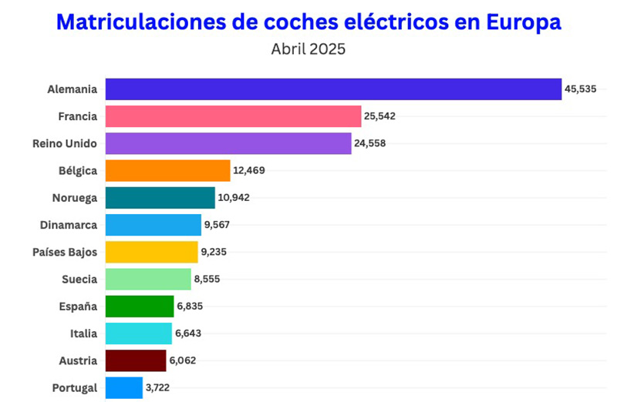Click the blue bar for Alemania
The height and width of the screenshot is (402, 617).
[333, 89]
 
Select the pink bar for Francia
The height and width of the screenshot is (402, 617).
[233, 116]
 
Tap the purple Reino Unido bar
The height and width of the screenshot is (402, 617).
[228, 143]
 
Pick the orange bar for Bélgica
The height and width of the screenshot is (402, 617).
[167, 170]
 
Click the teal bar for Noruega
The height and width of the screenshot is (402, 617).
[160, 198]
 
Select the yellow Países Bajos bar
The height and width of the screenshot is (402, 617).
[151, 252]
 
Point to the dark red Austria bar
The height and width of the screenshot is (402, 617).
[136, 360]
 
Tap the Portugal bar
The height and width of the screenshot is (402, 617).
[123, 387]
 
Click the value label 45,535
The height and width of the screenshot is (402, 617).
[581, 89]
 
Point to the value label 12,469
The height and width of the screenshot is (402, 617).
[249, 171]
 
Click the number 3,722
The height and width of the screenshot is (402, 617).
[157, 387]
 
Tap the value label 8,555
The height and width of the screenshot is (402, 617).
[207, 280]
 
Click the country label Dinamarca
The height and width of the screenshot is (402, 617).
[69, 225]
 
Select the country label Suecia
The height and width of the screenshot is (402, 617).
[79, 280]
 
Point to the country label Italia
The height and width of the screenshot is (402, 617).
[83, 333]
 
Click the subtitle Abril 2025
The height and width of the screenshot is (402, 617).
[308, 49]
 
